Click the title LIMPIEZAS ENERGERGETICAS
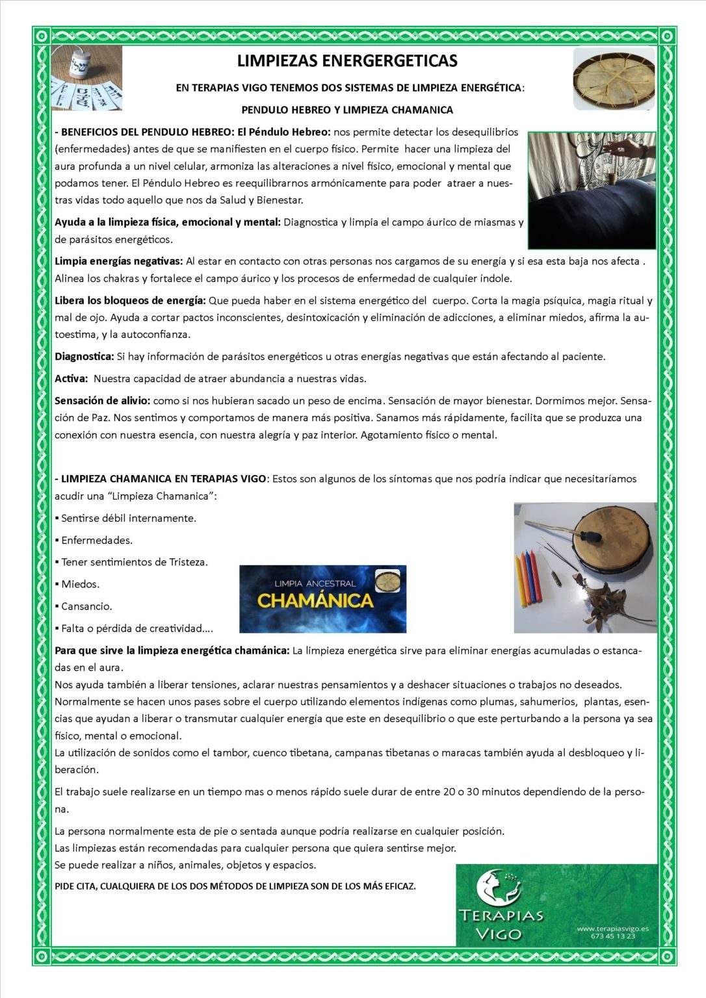(347, 61)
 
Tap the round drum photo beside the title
(614, 79)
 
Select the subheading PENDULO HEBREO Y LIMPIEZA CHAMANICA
(347, 110)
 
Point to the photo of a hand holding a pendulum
(592, 190)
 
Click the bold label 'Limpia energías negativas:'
(118, 261)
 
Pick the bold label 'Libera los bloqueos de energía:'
(130, 301)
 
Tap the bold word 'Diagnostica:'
(84, 357)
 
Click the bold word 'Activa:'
(71, 379)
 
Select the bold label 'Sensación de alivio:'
(102, 401)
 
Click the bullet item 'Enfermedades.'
(96, 541)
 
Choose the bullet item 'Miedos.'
(80, 584)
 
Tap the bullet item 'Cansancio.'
(86, 606)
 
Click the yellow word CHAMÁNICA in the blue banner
(315, 600)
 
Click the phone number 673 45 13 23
(612, 936)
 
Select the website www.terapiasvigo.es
(612, 929)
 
